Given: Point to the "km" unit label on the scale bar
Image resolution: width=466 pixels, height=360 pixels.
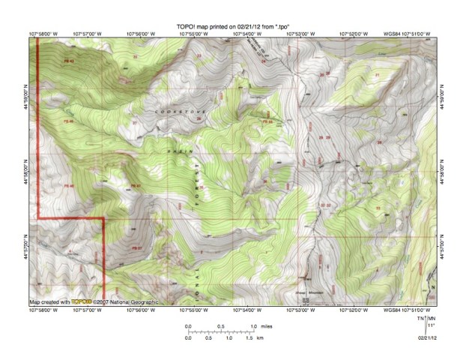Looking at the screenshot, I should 259,339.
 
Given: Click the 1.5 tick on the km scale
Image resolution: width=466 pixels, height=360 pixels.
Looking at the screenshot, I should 249,339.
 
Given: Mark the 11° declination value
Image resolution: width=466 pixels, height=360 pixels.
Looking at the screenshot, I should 432,326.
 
